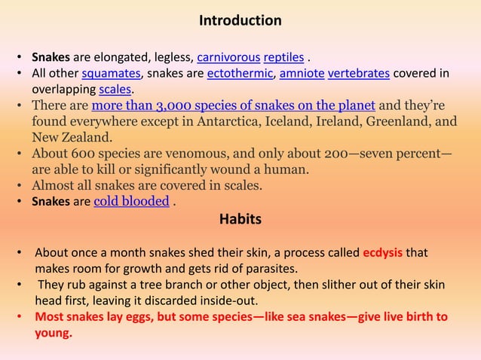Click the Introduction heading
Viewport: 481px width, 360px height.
(240, 20)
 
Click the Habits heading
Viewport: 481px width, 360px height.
(240, 219)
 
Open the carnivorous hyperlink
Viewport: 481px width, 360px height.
(228, 56)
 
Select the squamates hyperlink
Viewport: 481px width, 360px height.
(112, 72)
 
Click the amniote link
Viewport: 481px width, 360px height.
(302, 72)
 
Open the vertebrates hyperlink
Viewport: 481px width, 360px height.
(358, 72)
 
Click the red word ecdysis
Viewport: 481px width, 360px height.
(383, 252)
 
